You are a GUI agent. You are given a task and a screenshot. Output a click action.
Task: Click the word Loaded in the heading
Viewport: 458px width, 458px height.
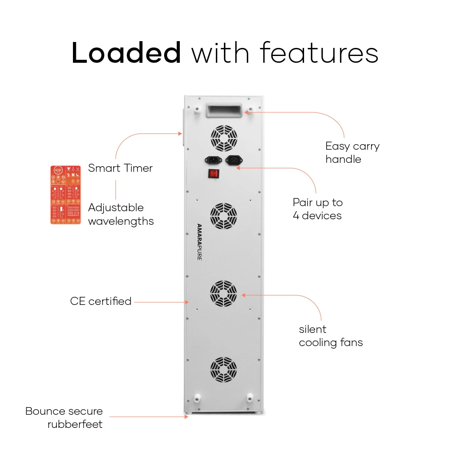point(126,53)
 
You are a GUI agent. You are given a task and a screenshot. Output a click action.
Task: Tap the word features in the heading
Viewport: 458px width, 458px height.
point(319,53)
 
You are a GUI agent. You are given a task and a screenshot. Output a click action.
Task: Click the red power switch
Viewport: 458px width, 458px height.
point(214,173)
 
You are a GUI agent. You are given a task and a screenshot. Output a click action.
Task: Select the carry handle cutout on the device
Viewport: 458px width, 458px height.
point(223,111)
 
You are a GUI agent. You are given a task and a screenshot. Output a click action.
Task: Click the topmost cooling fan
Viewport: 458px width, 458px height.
point(223,138)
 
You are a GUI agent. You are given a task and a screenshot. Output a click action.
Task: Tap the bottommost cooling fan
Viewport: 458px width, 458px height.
point(223,370)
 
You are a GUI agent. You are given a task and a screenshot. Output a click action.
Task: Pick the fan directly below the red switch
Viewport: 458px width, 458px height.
point(223,216)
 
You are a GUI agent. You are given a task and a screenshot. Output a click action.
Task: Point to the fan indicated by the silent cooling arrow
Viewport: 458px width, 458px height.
point(223,293)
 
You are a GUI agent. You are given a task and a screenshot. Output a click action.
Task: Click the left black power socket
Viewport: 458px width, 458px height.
point(213,160)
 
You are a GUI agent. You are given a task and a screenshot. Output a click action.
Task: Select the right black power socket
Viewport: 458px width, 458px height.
point(234,160)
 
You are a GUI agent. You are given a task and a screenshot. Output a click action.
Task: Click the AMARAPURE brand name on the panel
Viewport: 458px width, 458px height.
point(199,242)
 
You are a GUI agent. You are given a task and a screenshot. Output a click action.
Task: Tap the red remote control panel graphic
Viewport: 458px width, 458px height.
point(66,195)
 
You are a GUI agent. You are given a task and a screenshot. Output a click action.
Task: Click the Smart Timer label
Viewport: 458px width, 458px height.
point(120,168)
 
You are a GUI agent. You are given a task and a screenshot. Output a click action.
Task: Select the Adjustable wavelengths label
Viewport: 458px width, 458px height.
point(120,214)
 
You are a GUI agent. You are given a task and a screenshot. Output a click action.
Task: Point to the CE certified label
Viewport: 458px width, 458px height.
point(101,302)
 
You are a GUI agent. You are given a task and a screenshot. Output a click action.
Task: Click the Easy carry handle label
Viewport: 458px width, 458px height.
point(352,153)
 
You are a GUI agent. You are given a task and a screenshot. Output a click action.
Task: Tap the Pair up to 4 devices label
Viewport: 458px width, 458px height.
point(317,209)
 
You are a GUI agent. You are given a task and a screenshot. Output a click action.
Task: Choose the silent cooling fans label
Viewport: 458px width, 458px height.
point(330,336)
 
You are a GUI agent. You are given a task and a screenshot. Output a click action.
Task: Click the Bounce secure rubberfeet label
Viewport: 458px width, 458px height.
point(64,418)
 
